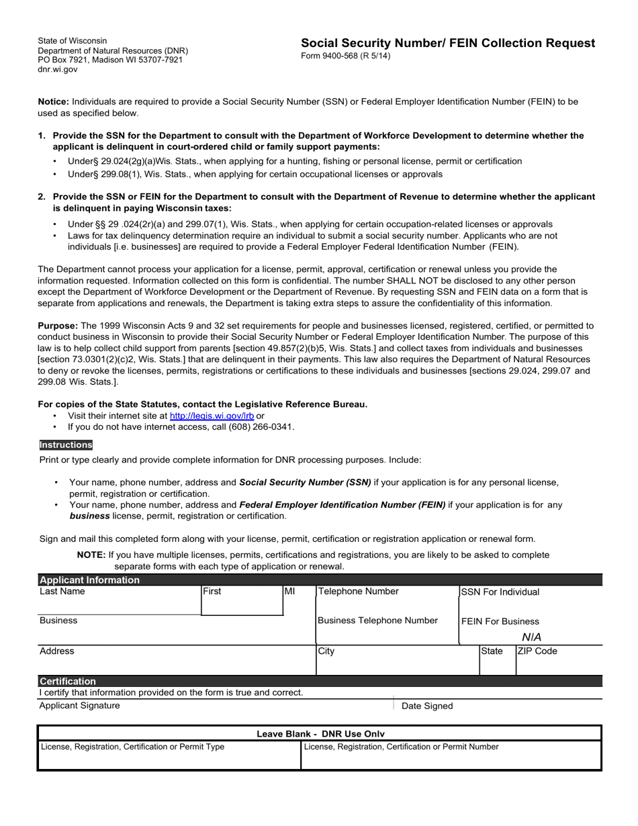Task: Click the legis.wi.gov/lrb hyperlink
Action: (x=212, y=416)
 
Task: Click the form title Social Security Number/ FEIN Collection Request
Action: (x=448, y=43)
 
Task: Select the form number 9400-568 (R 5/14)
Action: (x=345, y=56)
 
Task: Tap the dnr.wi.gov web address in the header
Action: (x=58, y=69)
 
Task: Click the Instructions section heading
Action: (x=66, y=445)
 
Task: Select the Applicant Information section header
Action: (x=89, y=580)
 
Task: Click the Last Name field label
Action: (x=62, y=592)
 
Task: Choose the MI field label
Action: (x=289, y=592)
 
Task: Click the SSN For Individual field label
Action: (x=500, y=592)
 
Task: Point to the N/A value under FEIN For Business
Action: (x=531, y=637)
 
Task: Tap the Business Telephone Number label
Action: (x=377, y=621)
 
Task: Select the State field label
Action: (x=492, y=651)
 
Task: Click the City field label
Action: (x=326, y=651)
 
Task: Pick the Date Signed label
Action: (x=427, y=706)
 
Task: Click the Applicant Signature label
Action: (x=80, y=705)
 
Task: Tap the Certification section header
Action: (x=68, y=681)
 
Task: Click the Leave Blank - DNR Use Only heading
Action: (x=320, y=734)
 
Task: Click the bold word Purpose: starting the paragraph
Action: (x=58, y=325)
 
